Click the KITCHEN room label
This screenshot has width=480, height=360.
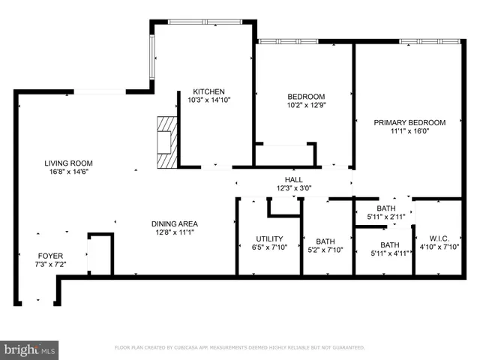click(x=204, y=91)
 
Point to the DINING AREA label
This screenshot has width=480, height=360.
click(x=174, y=223)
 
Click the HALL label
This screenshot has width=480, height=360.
click(x=292, y=179)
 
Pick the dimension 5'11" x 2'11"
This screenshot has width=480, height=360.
click(x=385, y=217)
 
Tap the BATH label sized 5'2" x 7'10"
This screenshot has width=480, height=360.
click(x=325, y=241)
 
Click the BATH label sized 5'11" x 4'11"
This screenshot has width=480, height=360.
click(x=389, y=244)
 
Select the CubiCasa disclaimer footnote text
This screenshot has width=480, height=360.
click(x=239, y=348)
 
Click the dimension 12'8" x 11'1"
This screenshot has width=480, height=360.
click(x=174, y=232)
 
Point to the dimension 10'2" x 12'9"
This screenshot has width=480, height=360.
click(x=306, y=106)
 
